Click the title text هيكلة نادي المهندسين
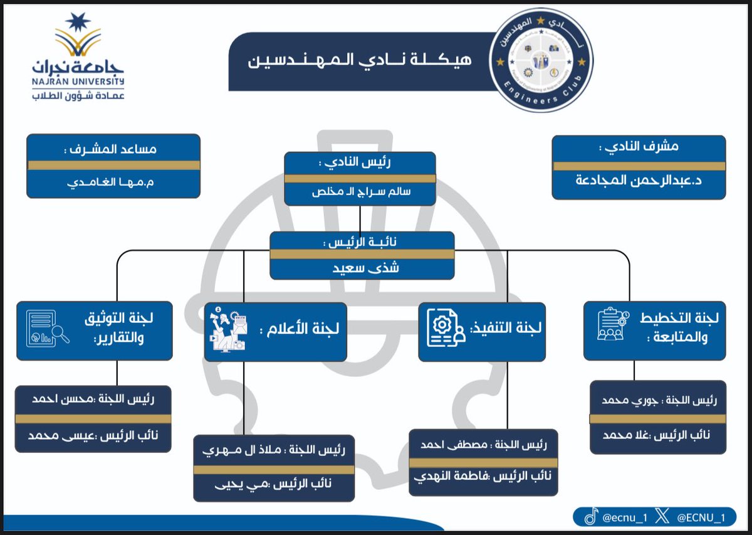360,61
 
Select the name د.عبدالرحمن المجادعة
639,182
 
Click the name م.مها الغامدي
113,183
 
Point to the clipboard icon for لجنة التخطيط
609,324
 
